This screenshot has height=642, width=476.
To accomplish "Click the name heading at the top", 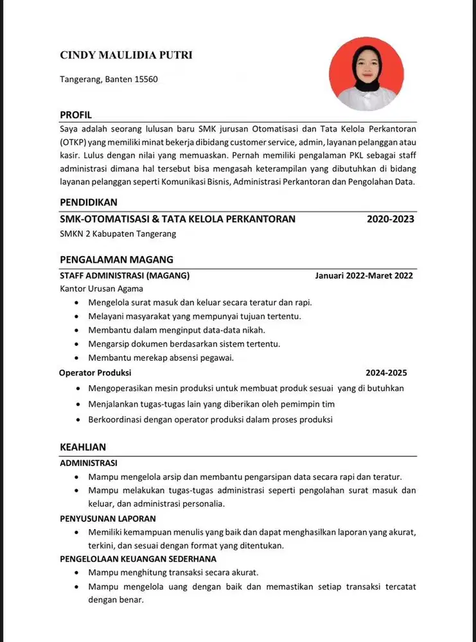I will [x=126, y=55].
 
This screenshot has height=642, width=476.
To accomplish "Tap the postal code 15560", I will [x=146, y=80].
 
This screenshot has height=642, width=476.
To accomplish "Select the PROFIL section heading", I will [x=76, y=115].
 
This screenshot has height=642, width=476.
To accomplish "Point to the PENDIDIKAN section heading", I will [x=89, y=203].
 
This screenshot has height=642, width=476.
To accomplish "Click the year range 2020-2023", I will [x=390, y=219].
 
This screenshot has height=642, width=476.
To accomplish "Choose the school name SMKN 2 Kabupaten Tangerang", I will [x=118, y=234].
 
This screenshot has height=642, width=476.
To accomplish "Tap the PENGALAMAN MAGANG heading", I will [x=116, y=260].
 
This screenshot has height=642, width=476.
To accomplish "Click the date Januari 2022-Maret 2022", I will [x=364, y=276].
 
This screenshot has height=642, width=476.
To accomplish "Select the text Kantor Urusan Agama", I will [x=101, y=289].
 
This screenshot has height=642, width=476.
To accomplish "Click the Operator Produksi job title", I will [x=95, y=372].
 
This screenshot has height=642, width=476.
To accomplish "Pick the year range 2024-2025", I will [x=386, y=372].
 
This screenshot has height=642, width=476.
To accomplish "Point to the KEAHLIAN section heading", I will [x=83, y=447].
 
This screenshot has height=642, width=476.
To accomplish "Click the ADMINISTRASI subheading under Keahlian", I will [x=89, y=463].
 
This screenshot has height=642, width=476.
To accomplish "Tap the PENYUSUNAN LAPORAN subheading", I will [x=108, y=518].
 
